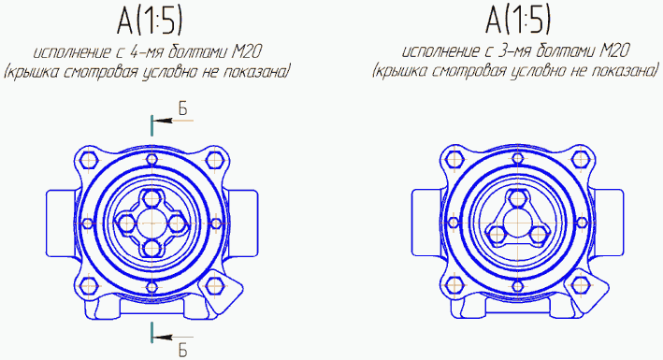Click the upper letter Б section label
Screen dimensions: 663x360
[182, 108]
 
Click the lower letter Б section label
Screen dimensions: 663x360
[182, 351]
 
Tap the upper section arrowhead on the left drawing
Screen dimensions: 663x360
[162, 121]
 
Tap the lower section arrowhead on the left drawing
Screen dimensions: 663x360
[162, 338]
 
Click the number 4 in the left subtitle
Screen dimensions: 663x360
[134, 52]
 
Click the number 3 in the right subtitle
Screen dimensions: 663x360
[502, 51]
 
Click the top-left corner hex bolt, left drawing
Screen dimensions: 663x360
[89, 160]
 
